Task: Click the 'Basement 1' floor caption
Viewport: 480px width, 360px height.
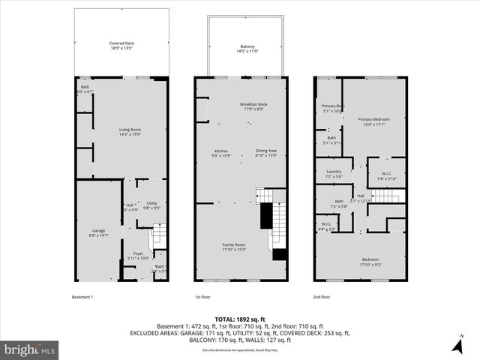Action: click(x=82, y=297)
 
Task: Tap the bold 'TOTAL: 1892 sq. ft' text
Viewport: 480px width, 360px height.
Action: click(x=239, y=318)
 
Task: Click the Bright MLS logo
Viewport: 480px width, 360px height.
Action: click(x=30, y=349)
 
